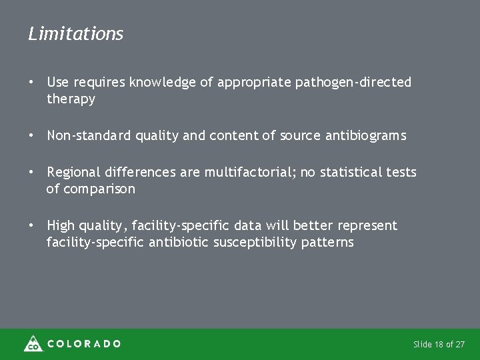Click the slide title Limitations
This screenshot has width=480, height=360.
pyautogui.click(x=75, y=34)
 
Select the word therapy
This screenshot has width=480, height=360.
pyautogui.click(x=71, y=99)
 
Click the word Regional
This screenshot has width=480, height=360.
pyautogui.click(x=72, y=173)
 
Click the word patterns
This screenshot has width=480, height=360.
pyautogui.click(x=327, y=243)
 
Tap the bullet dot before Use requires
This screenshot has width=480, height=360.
pyautogui.click(x=31, y=82)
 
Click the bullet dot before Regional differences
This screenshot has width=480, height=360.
pyautogui.click(x=31, y=173)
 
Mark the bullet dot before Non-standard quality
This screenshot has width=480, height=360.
pyautogui.click(x=31, y=135)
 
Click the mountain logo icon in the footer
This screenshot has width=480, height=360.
pyautogui.click(x=32, y=343)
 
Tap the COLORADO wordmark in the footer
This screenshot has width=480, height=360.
pyautogui.click(x=83, y=344)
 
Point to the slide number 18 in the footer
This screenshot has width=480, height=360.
pyautogui.click(x=439, y=345)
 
